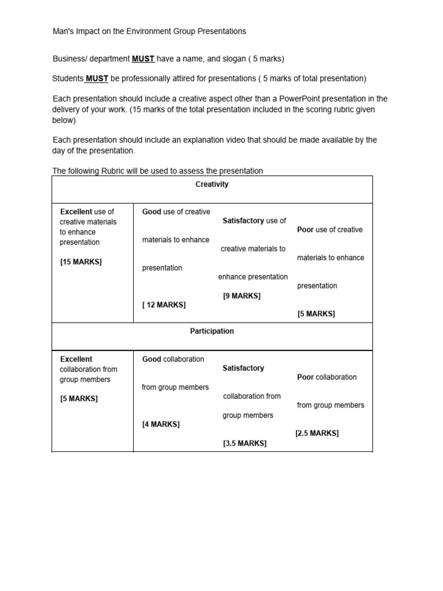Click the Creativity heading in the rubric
click(212, 185)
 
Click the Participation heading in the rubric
click(212, 331)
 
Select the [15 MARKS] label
click(81, 262)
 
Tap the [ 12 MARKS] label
click(164, 305)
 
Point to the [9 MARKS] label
click(242, 296)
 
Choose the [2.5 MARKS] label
click(317, 433)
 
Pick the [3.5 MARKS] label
click(245, 444)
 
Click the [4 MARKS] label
click(161, 424)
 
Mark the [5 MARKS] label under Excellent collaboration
click(79, 398)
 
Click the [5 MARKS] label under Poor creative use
click(316, 314)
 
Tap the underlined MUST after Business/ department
click(143, 59)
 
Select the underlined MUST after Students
click(97, 78)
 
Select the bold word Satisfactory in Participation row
click(243, 368)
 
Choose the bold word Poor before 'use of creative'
click(305, 230)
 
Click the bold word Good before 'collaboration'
click(152, 359)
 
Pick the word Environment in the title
click(149, 31)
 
